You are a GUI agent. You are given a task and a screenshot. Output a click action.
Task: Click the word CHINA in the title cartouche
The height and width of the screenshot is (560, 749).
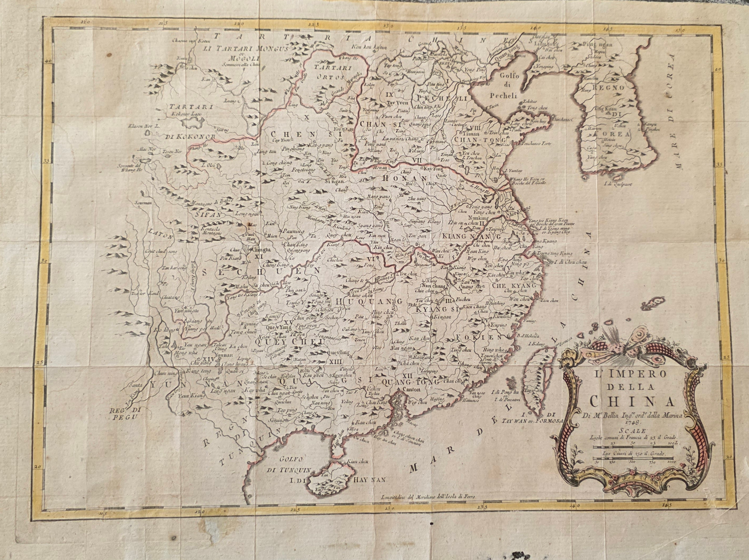pyautogui.click(x=631, y=401)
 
